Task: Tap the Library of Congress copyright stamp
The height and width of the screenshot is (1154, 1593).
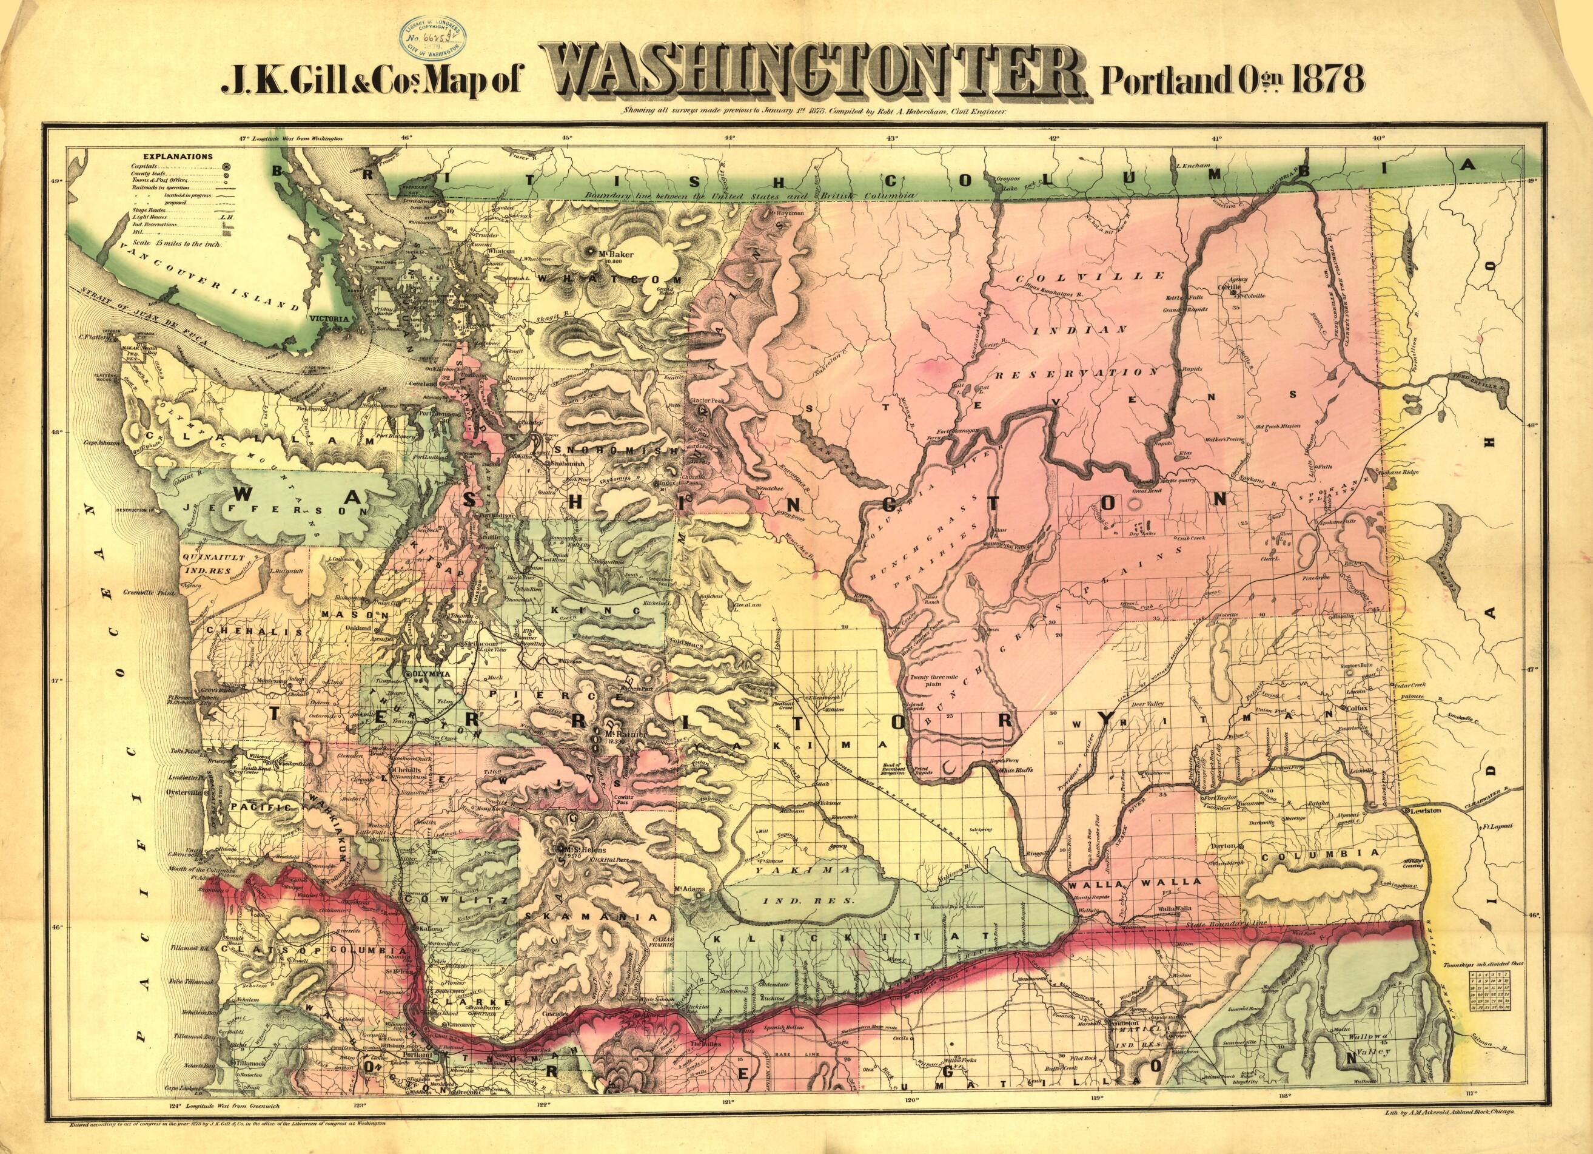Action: point(436,36)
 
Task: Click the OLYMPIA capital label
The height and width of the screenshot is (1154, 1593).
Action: point(432,673)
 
